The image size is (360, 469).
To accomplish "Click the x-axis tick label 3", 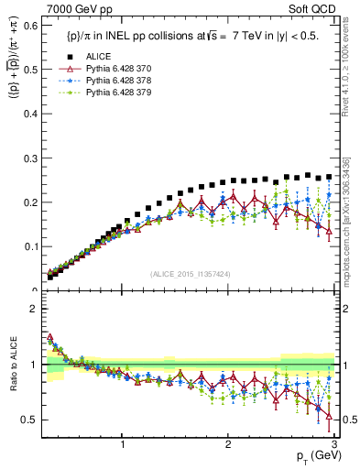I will [333, 443].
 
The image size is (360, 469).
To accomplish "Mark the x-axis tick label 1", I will [123, 443].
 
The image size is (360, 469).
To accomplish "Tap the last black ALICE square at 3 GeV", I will [330, 177].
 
